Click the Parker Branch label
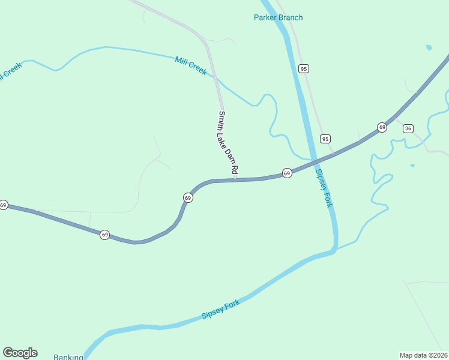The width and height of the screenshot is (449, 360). coord(278,17)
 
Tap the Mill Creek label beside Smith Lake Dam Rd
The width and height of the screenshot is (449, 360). coord(191,65)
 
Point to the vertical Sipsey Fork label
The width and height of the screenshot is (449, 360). coord(324,188)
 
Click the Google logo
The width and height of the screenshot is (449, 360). coord(20,353)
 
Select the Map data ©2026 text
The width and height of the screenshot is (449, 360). coord(423,355)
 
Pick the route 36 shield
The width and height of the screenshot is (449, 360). coord(408,128)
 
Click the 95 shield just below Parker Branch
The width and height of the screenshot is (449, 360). coord(304,69)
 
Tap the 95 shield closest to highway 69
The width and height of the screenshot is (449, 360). coord(325,139)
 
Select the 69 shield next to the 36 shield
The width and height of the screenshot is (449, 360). coord(382,127)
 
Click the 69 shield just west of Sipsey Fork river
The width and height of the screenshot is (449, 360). coord(287,173)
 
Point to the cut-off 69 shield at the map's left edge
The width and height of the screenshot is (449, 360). coord(3,205)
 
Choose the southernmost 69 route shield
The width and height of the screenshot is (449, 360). coord(105,235)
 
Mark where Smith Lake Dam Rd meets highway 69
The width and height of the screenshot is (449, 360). coord(235,179)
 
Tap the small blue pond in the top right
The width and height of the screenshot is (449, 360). coord(429,47)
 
